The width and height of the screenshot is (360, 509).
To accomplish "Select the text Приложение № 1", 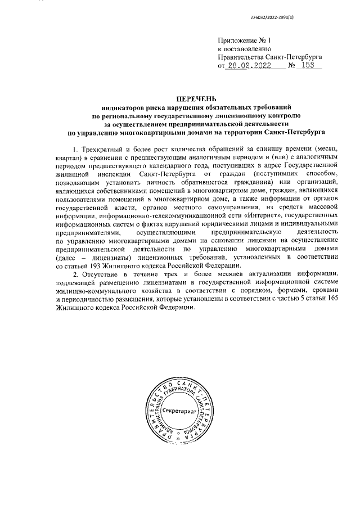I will coord(245,40).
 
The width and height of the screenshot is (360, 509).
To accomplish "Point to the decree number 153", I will coord(308,65).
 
